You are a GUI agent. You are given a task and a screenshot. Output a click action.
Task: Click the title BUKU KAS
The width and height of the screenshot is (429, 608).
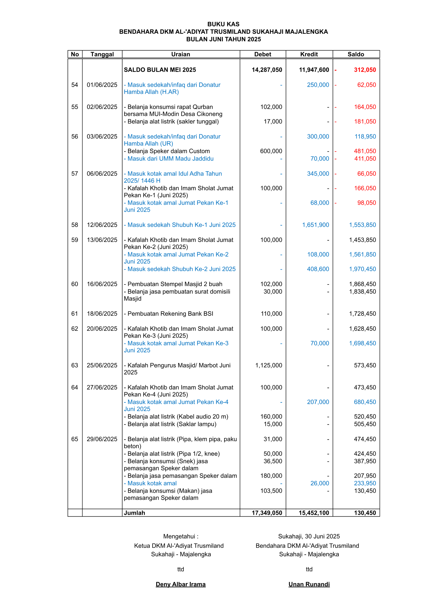(x=223, y=24)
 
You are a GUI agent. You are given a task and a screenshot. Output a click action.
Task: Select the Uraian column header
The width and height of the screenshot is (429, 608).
(x=181, y=54)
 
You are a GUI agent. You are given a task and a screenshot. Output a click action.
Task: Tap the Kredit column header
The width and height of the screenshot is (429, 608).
(x=309, y=54)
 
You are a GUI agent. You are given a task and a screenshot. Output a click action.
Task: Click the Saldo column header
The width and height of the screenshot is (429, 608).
(x=356, y=54)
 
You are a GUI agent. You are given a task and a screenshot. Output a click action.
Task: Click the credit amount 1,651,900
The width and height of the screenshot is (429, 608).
(x=316, y=225)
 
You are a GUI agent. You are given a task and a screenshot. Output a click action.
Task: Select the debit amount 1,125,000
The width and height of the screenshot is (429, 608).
(x=268, y=365)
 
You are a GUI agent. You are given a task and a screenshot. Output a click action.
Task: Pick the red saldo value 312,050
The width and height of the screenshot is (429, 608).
(x=365, y=70)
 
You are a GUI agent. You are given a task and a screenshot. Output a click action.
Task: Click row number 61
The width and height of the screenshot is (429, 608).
(x=75, y=313)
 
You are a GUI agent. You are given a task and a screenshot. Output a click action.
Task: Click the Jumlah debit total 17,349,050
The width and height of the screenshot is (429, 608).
(x=267, y=513)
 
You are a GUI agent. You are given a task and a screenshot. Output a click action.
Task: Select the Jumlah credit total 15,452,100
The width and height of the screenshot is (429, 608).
(x=314, y=513)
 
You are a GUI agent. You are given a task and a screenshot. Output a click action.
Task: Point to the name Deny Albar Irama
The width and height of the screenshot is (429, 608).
(x=181, y=584)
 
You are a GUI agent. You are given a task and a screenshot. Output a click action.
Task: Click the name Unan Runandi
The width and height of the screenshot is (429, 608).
(x=309, y=584)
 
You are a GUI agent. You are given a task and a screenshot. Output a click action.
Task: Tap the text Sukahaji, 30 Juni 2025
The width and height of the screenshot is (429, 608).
(x=309, y=536)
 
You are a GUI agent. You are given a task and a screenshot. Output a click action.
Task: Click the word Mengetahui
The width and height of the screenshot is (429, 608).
(x=179, y=536)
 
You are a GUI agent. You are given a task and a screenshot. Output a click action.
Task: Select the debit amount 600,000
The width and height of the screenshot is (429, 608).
(x=271, y=151)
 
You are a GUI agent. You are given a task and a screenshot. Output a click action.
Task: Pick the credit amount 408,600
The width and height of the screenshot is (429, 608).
(x=318, y=269)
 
